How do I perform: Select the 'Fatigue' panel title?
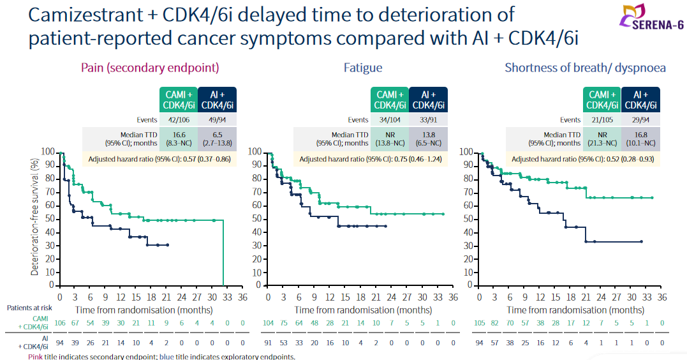[x=363, y=68]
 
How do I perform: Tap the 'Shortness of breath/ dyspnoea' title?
[x=586, y=68]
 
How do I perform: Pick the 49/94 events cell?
[x=218, y=119]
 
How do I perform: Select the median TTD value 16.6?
[x=179, y=135]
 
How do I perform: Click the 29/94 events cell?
[x=640, y=119]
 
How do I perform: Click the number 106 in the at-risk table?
[x=59, y=324]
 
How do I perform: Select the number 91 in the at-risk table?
[x=269, y=343]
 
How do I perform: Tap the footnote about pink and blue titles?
[x=162, y=356]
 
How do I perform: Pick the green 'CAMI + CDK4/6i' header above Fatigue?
[x=390, y=100]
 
